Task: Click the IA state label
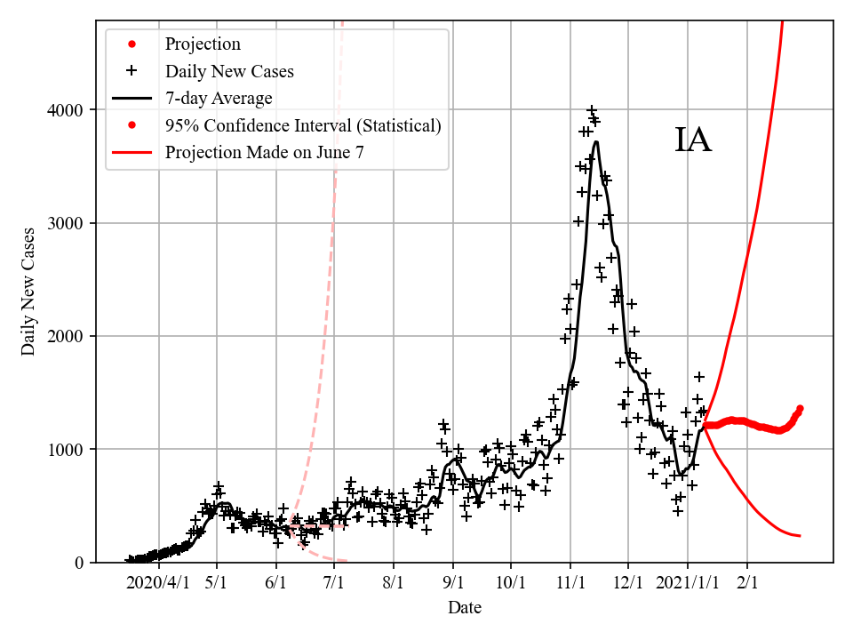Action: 693,141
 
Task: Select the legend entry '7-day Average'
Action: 219,98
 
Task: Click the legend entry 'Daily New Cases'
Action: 229,71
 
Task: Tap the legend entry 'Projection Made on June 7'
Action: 264,153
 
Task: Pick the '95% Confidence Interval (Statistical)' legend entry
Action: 303,125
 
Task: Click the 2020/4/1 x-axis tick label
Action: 157,583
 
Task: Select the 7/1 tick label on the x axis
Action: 334,583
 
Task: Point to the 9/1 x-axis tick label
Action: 452,583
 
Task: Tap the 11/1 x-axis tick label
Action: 570,583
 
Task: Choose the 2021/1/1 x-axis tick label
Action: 687,583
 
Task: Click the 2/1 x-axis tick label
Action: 747,583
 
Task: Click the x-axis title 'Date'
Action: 465,608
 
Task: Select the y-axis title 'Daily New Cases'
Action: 29,292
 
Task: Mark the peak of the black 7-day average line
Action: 596,141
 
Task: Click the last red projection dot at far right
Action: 800,408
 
